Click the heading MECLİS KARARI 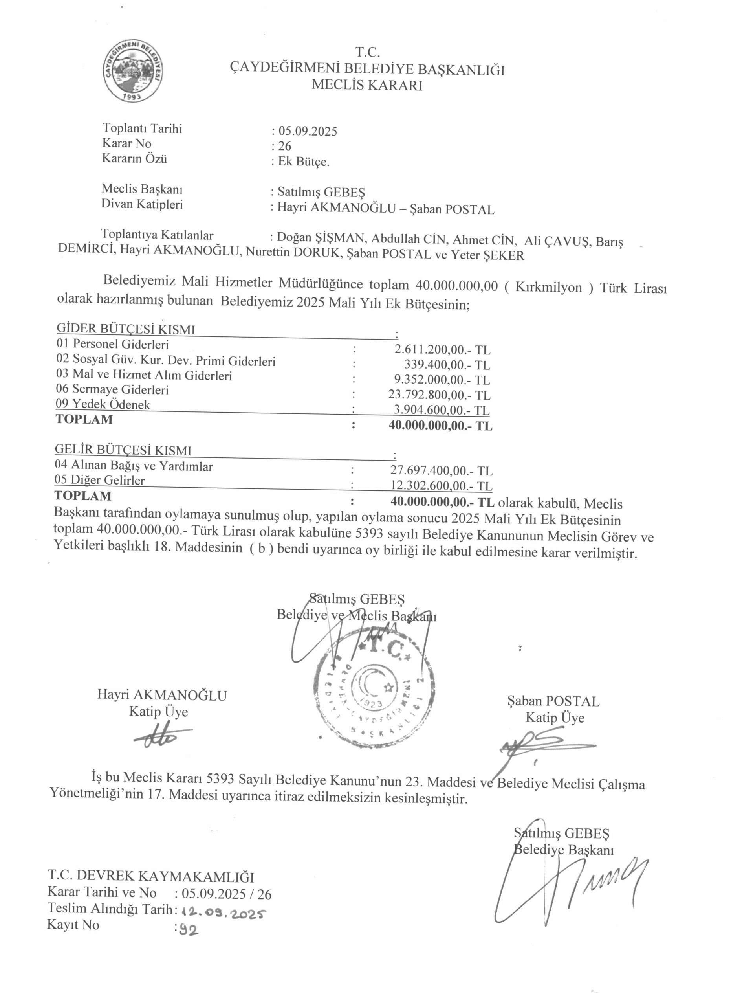click(x=366, y=85)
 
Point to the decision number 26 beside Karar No click(x=285, y=146)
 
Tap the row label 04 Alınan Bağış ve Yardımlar click(x=134, y=466)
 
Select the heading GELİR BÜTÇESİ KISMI click(x=123, y=450)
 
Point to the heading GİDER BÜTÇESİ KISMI click(x=125, y=329)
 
